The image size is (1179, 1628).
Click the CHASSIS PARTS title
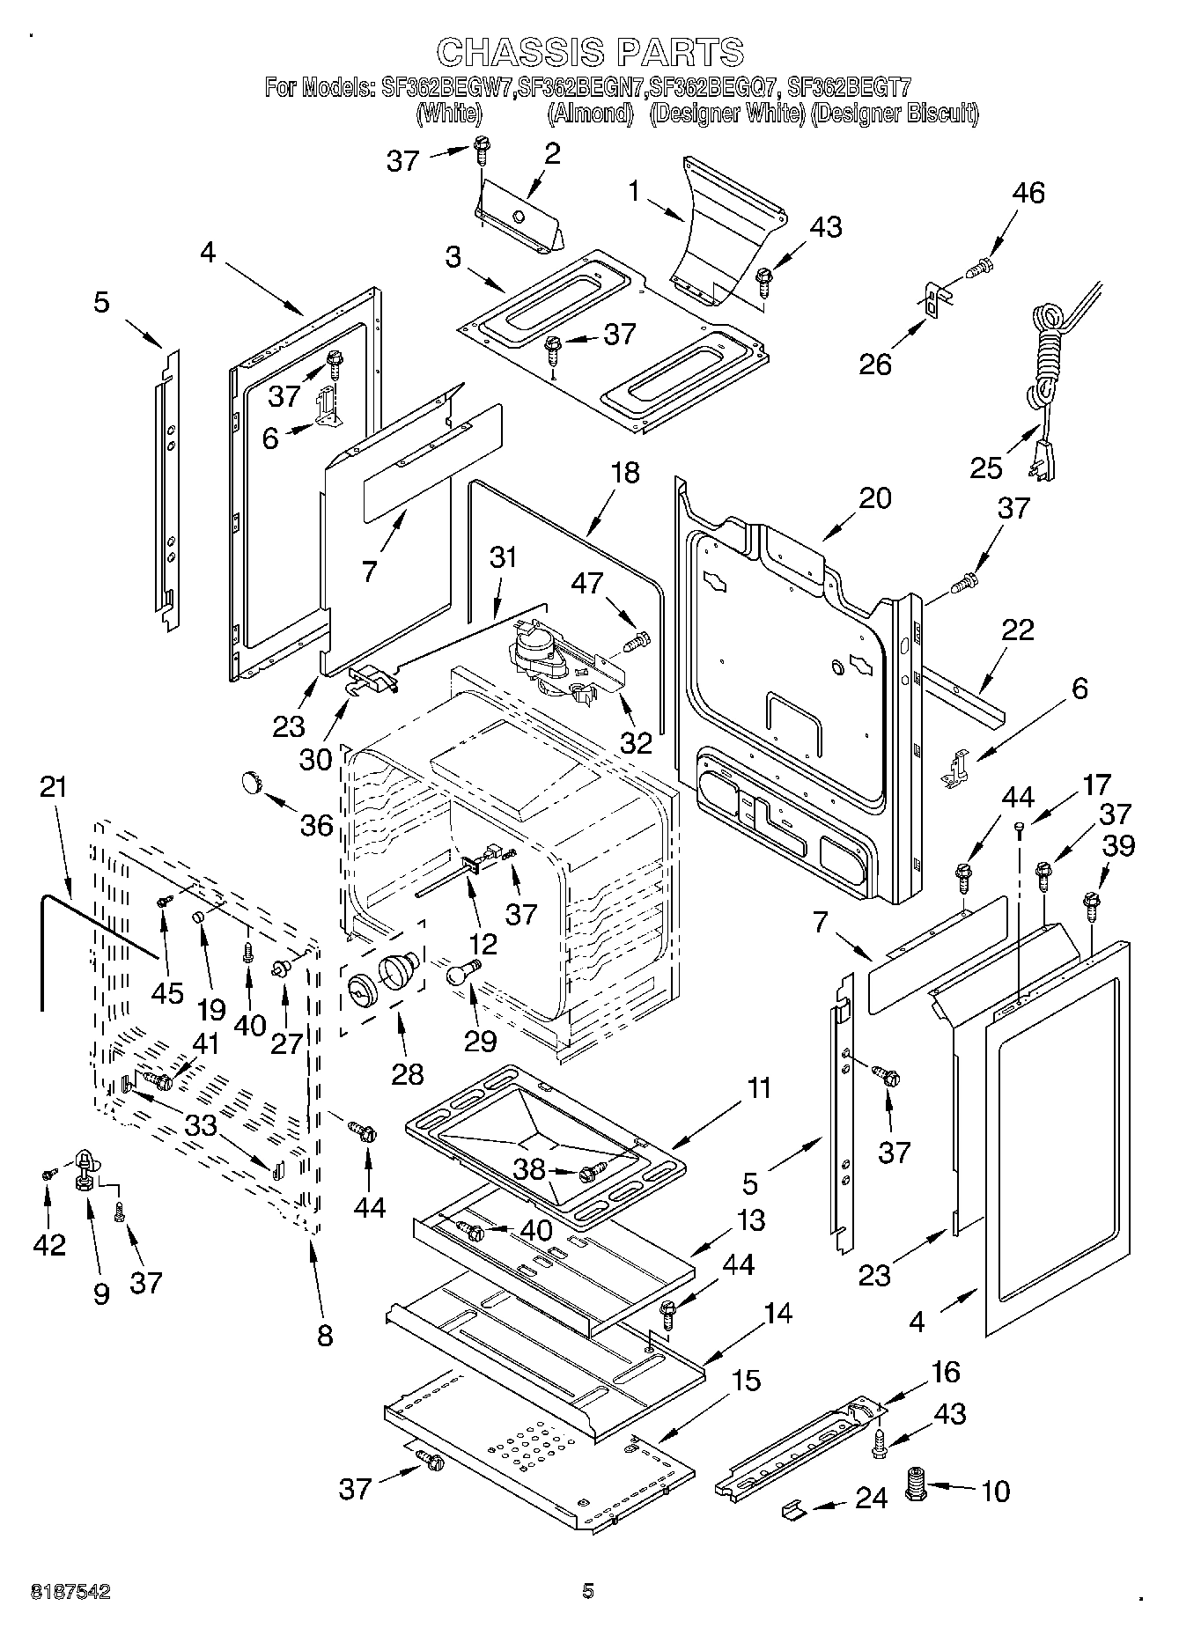[x=589, y=52]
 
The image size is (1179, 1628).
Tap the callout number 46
[x=1028, y=194]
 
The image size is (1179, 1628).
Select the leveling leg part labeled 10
[x=918, y=1487]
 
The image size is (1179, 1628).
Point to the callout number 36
[x=317, y=824]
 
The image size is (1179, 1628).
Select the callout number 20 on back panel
[x=874, y=497]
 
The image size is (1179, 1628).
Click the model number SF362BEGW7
[x=447, y=87]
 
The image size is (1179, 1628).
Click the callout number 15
[x=745, y=1380]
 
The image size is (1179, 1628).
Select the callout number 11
[x=758, y=1088]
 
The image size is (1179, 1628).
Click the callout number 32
[x=636, y=742]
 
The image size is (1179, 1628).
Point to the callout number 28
[x=408, y=1073]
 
